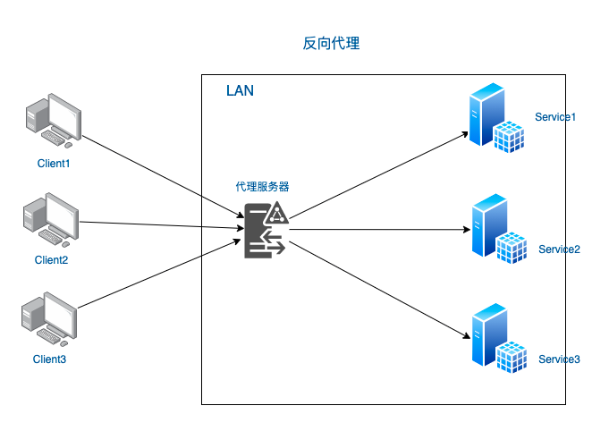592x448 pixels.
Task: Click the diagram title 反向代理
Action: (x=331, y=43)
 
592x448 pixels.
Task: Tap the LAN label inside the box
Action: (x=240, y=91)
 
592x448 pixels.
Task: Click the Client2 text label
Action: (x=51, y=260)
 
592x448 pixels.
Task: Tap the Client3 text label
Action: (x=50, y=359)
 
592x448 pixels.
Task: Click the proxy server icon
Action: (x=266, y=230)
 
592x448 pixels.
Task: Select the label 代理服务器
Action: (x=262, y=187)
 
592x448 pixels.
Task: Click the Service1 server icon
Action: (x=496, y=119)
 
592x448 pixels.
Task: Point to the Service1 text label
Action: (x=555, y=117)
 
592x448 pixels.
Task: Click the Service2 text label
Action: (x=559, y=249)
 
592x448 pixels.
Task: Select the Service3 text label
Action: (x=559, y=359)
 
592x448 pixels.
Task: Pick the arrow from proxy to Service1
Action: (x=380, y=174)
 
